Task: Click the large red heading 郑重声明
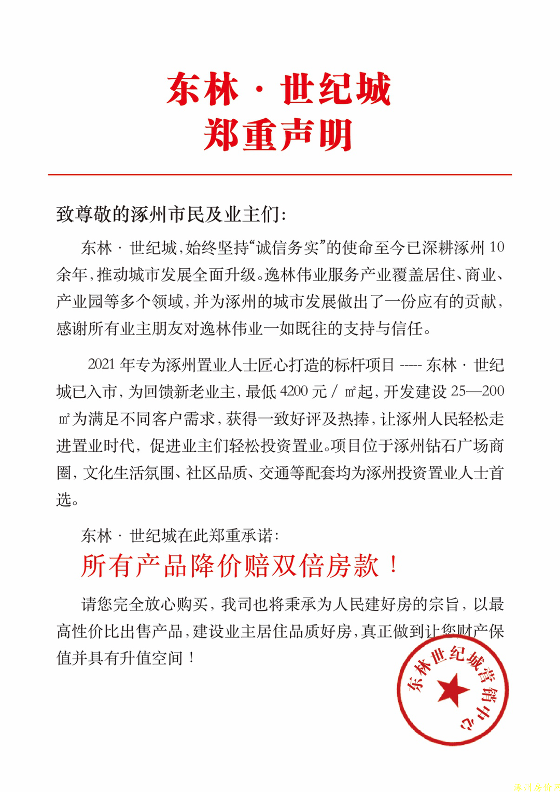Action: pyautogui.click(x=278, y=135)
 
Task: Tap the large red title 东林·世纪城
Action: pyautogui.click(x=278, y=89)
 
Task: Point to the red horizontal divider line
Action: pyautogui.click(x=279, y=175)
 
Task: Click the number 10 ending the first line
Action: pyautogui.click(x=496, y=247)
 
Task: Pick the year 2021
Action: pyautogui.click(x=101, y=365)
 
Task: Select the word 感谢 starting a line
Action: pyautogui.click(x=72, y=328)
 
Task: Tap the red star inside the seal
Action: pyautogui.click(x=453, y=690)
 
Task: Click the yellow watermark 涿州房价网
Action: pyautogui.click(x=536, y=786)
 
